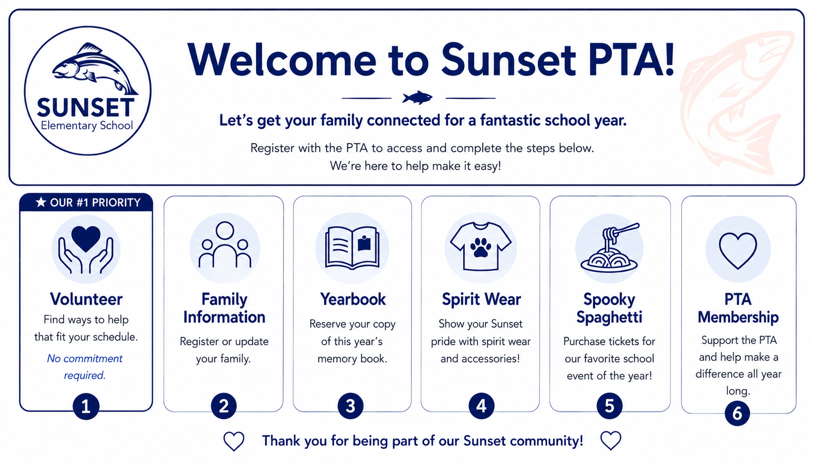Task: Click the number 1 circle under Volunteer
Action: pos(86,406)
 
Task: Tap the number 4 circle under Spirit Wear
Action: pos(481,406)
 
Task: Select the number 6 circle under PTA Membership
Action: pos(737,413)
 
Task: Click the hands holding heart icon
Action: pos(86,249)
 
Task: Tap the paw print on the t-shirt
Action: pos(480,247)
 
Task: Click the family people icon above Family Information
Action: pos(225,244)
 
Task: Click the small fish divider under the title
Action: pos(417,98)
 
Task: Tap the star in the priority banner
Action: pos(41,202)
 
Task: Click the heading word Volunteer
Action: pos(86,299)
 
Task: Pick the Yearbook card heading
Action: pos(353,299)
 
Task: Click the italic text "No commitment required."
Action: pos(85,366)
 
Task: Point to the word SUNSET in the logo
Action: pos(86,107)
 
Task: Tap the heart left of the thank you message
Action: pos(234,441)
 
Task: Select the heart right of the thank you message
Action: pos(611,440)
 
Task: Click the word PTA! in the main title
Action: pos(631,59)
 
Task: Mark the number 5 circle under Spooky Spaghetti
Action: pos(609,406)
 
